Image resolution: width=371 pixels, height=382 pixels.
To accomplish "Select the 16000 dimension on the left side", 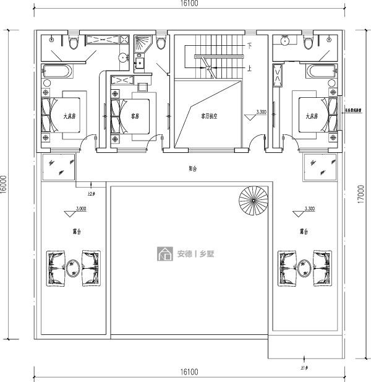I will point(5,184).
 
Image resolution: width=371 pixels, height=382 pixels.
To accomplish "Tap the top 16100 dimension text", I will point(189,4).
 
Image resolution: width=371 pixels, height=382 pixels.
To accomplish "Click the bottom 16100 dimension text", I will point(189,372).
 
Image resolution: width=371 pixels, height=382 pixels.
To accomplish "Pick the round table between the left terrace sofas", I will point(73,266).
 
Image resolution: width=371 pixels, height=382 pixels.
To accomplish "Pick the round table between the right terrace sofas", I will point(304,266).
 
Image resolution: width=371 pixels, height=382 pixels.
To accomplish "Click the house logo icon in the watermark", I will point(165,253).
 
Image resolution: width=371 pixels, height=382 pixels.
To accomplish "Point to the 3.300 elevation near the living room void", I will point(261,112).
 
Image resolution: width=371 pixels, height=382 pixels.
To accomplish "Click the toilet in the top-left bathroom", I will point(74,41).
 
